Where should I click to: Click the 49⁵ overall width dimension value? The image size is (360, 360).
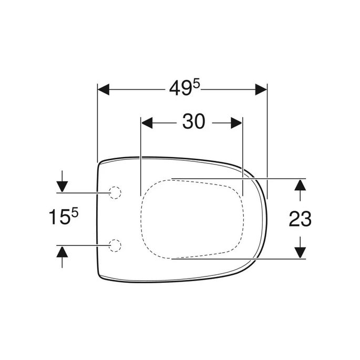[184, 90]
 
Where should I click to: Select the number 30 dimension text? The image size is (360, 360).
[193, 122]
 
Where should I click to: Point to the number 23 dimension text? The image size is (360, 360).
[300, 218]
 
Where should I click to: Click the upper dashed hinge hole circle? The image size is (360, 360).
[115, 192]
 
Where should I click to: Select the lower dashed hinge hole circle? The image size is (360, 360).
[115, 244]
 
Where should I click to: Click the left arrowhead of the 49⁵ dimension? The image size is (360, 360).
[104, 90]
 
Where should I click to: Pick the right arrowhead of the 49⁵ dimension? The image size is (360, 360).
[261, 90]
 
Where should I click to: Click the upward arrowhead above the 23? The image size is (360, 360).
[300, 185]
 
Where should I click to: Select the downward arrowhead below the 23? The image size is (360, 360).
[300, 252]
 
